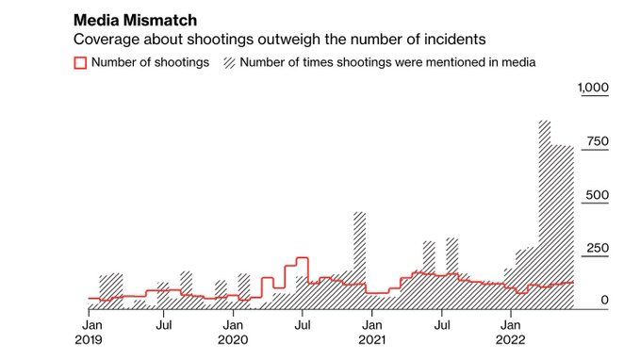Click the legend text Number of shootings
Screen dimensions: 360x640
tap(150, 63)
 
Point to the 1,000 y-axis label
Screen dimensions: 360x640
tap(593, 88)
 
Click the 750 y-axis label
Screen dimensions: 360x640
tap(597, 141)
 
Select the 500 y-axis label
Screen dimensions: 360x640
tap(597, 195)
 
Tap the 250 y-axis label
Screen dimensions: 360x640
tap(597, 249)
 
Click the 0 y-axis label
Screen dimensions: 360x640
tap(605, 301)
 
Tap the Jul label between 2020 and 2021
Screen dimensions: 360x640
tap(302, 325)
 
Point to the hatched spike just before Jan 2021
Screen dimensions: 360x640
tap(359, 254)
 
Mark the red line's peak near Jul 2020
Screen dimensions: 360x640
tap(303, 257)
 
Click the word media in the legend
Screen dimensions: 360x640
tap(517, 63)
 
